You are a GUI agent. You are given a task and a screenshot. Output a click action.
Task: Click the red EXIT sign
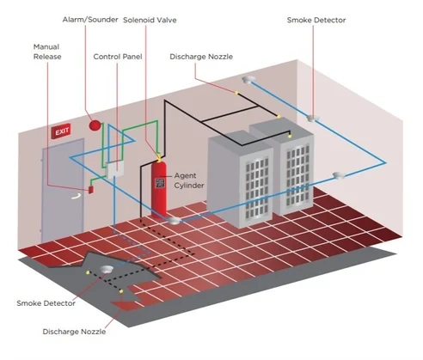pyautogui.click(x=61, y=131)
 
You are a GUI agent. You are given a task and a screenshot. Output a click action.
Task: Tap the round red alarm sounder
pyautogui.click(x=95, y=125)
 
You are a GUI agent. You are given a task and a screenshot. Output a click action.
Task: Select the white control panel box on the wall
pyautogui.click(x=115, y=170)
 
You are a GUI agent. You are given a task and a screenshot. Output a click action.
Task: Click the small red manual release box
pyautogui.click(x=91, y=189)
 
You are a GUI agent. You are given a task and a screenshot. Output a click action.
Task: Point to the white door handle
pyautogui.click(x=76, y=197)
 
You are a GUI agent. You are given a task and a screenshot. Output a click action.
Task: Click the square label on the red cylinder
pyautogui.click(x=160, y=183)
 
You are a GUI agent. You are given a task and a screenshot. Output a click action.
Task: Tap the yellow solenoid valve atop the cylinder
pyautogui.click(x=158, y=157)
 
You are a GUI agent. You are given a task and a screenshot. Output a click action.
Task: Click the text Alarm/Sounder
pyautogui.click(x=90, y=20)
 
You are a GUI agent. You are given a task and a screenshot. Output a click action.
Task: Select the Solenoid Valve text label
pyautogui.click(x=150, y=20)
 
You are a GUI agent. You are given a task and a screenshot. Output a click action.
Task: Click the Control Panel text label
pyautogui.click(x=118, y=57)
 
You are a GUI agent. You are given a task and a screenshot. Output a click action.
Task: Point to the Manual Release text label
pyautogui.click(x=47, y=52)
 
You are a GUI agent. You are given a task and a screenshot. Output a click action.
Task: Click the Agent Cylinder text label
pyautogui.click(x=189, y=180)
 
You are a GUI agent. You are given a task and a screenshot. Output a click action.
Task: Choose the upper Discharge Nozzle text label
pyautogui.click(x=201, y=57)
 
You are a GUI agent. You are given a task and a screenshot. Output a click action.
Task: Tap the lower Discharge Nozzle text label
pyautogui.click(x=74, y=332)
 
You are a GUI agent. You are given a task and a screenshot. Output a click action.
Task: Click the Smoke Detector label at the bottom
pyautogui.click(x=46, y=303)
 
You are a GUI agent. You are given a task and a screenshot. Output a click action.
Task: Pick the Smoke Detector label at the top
pyautogui.click(x=316, y=20)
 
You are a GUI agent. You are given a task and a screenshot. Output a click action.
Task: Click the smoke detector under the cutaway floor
pyautogui.click(x=107, y=269)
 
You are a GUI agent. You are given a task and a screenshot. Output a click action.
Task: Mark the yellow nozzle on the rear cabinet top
pyautogui.click(x=290, y=137)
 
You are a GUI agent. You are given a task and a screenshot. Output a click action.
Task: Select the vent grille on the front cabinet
pyautogui.click(x=257, y=187)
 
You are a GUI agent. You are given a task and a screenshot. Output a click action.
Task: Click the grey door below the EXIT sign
pyautogui.click(x=63, y=191)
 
